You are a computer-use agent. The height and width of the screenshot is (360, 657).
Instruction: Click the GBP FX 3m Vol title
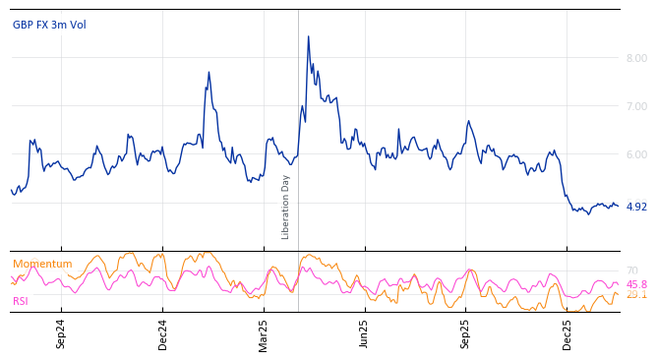tap(49, 25)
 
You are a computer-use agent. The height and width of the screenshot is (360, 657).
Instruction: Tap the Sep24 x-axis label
tap(61, 333)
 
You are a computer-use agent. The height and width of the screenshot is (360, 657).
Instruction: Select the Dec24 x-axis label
tap(163, 333)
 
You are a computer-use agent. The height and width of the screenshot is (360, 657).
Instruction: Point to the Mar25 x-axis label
tap(264, 333)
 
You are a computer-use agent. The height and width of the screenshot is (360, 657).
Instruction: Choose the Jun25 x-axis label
tap(365, 333)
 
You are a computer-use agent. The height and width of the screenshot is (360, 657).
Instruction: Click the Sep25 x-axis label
tap(466, 333)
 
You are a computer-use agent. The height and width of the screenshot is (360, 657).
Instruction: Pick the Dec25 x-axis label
tap(567, 333)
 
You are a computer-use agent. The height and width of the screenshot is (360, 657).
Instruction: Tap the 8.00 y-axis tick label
tap(636, 58)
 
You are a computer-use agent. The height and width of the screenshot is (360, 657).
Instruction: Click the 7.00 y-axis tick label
tap(636, 106)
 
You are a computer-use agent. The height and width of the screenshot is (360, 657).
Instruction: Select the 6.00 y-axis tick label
tap(636, 154)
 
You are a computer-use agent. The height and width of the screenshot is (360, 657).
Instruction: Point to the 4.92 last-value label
tap(636, 207)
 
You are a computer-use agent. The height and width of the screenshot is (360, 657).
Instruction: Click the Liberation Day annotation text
tap(286, 207)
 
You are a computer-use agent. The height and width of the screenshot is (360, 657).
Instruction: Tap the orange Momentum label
tap(42, 264)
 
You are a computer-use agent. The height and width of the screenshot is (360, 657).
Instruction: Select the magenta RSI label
tap(21, 301)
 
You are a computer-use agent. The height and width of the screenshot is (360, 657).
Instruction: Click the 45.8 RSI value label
tap(636, 284)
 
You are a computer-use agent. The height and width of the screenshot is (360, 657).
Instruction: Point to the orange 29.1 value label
tap(636, 295)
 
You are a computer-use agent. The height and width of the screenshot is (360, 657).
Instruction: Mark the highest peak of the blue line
tap(308, 36)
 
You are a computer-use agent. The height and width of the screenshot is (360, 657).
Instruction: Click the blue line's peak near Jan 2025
tap(209, 72)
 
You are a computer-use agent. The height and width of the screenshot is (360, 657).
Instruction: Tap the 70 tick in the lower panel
tap(631, 270)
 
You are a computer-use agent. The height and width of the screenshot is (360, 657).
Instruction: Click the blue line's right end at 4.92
tap(618, 206)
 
